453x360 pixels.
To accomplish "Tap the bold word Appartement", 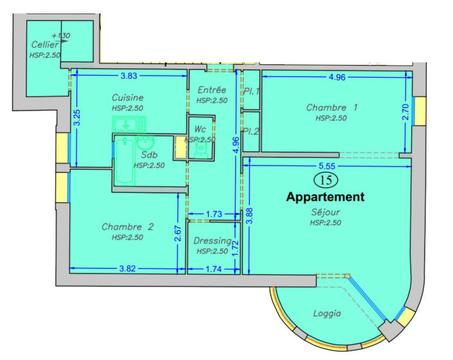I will click(x=325, y=197).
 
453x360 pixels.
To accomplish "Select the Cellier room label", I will click(x=44, y=45).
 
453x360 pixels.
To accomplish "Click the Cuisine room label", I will click(x=127, y=98).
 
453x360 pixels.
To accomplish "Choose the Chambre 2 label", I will click(x=127, y=227).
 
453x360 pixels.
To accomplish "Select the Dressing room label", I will click(x=212, y=241).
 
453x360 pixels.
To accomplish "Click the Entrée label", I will click(x=212, y=90).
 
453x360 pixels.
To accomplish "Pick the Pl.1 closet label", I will click(x=251, y=91).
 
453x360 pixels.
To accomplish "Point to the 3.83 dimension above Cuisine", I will click(x=129, y=76).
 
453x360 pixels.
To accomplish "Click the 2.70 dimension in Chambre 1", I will click(x=405, y=113).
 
